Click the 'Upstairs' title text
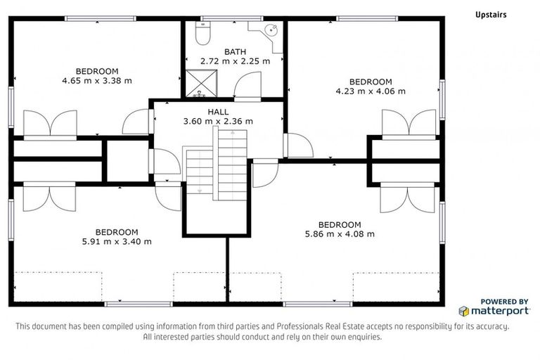click(x=490, y=14)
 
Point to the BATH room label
click(x=235, y=51)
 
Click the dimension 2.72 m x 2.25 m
click(x=235, y=61)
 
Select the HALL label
click(x=217, y=112)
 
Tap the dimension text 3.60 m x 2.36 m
click(x=217, y=121)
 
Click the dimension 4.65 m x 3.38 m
click(x=97, y=80)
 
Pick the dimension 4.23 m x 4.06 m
click(x=371, y=91)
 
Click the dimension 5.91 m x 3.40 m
click(x=117, y=241)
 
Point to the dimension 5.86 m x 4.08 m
click(x=340, y=233)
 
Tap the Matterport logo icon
click(x=464, y=310)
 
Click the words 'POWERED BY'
click(x=504, y=301)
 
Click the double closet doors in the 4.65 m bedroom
click(x=50, y=124)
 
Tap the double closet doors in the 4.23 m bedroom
click(x=409, y=124)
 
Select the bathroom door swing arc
click(x=248, y=88)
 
